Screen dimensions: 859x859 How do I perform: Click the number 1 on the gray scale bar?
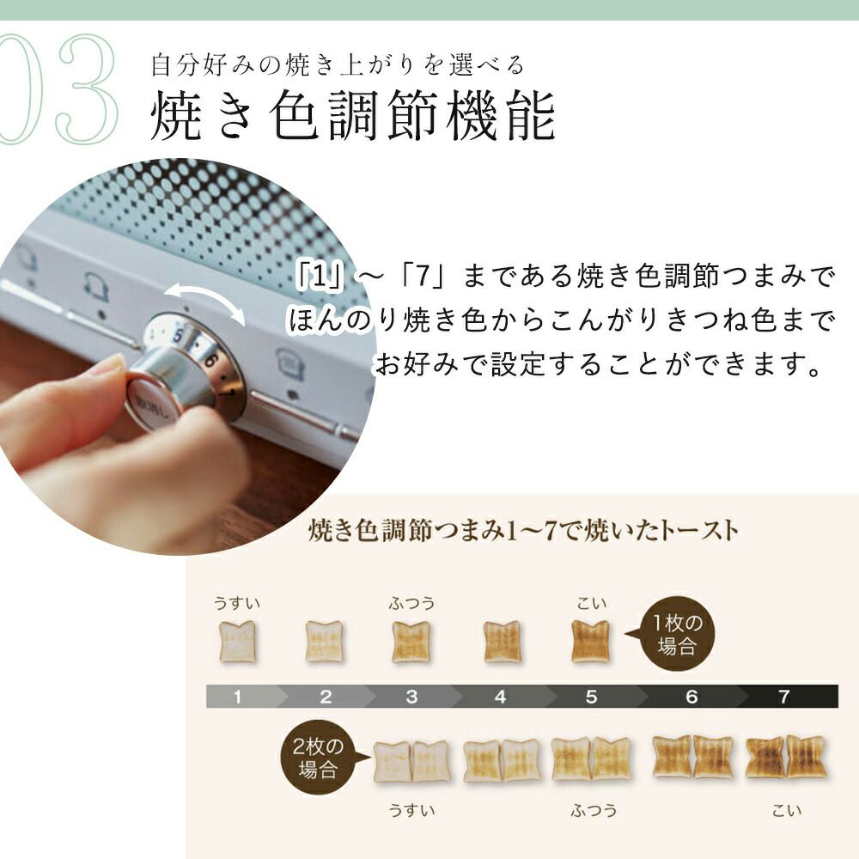(237, 697)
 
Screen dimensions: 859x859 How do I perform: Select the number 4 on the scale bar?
(500, 697)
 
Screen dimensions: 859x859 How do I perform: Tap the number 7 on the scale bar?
(784, 697)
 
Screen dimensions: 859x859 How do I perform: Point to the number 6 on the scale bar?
(691, 697)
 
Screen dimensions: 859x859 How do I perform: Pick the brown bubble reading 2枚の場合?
(319, 757)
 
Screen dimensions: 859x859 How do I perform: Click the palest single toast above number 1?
(237, 642)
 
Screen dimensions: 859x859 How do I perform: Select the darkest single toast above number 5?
(590, 642)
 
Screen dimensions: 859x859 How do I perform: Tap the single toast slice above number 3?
(411, 642)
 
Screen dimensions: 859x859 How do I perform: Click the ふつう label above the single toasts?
(412, 604)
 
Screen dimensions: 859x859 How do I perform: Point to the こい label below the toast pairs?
(787, 810)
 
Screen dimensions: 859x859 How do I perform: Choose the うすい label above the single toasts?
(237, 604)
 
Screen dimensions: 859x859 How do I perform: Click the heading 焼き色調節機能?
(353, 116)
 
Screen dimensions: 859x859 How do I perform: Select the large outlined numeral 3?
(87, 88)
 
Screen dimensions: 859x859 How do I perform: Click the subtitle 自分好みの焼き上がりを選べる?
(338, 65)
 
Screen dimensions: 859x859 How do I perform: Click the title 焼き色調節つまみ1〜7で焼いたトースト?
(522, 530)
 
